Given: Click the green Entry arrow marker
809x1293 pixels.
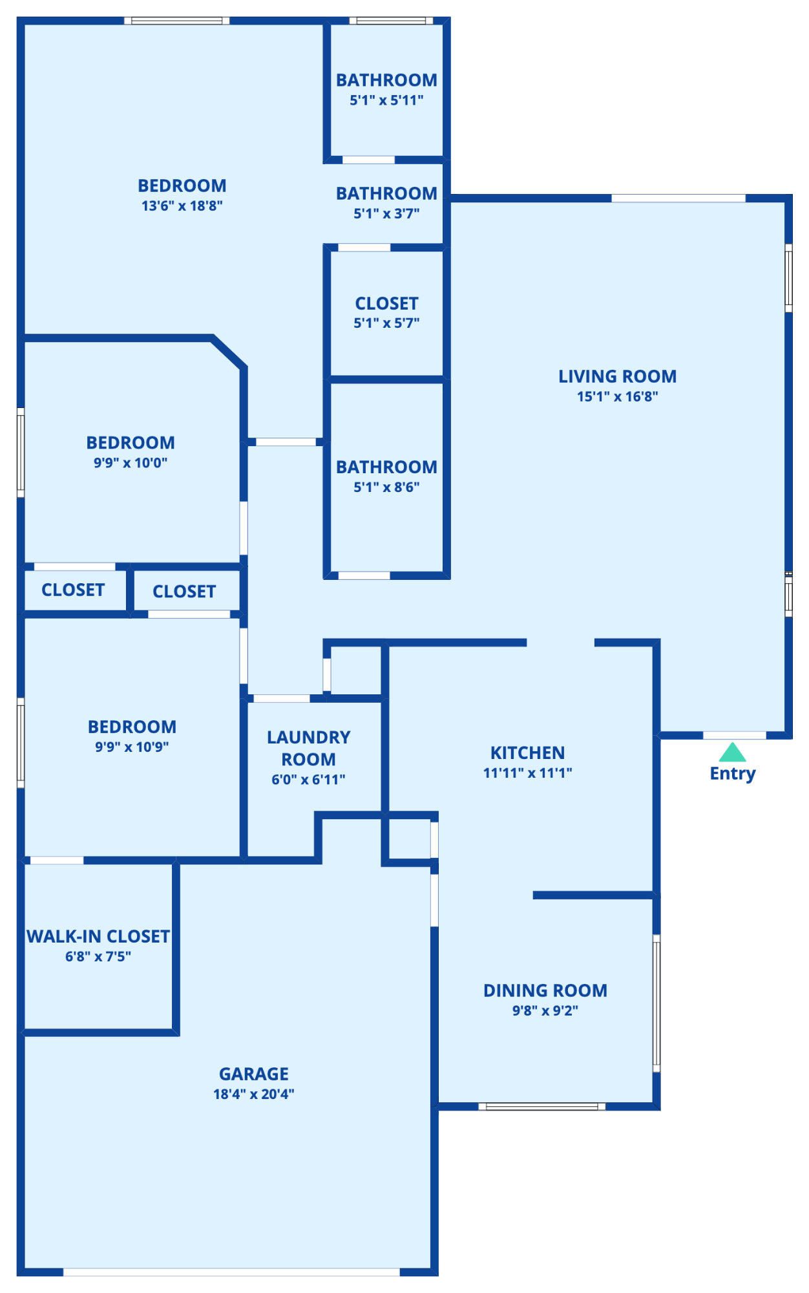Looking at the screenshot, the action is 732,752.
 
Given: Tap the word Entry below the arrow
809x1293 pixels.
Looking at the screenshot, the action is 733,774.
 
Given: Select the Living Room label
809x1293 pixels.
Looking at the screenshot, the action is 618,376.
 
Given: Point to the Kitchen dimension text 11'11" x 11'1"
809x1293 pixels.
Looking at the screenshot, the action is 528,773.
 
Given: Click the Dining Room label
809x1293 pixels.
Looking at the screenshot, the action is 545,990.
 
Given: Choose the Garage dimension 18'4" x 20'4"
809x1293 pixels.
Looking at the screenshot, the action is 254,1094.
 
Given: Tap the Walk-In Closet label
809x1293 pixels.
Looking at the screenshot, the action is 98,936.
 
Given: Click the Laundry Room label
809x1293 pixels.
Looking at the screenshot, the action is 309,748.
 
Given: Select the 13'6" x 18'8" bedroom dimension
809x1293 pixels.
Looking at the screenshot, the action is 182,206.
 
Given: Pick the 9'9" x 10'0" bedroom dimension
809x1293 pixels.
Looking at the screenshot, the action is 131,462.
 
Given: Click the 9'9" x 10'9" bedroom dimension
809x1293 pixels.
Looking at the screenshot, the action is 132,747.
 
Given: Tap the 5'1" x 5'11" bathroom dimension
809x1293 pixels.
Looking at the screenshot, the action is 386,100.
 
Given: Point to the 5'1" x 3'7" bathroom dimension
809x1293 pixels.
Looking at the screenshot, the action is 386,213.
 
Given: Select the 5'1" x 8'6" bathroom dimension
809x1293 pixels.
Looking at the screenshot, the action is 386,487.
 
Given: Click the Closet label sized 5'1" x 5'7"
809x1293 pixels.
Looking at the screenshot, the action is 387,303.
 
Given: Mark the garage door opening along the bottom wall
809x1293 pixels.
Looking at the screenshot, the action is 231,1272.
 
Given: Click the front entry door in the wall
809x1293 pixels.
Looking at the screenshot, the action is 735,735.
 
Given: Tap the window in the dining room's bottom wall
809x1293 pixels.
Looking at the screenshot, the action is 542,1106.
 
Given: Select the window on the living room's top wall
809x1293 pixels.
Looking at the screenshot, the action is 678,198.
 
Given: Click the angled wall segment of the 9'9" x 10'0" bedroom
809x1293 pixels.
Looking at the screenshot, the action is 229,353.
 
